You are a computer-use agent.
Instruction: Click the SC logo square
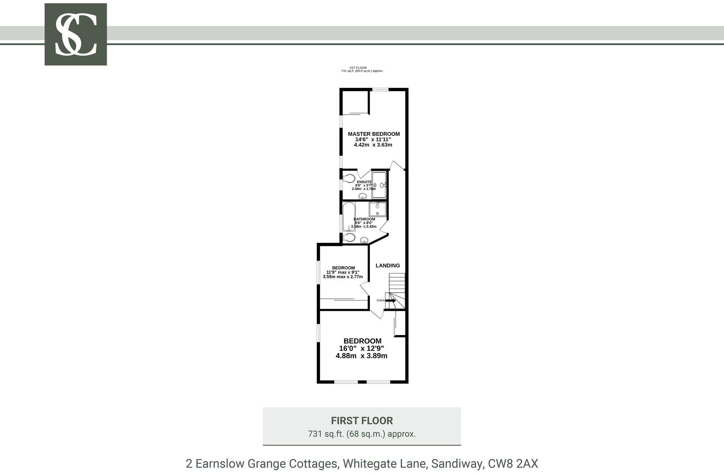point(76,34)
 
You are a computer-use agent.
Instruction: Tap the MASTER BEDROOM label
point(374,134)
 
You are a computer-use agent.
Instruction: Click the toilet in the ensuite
point(349,178)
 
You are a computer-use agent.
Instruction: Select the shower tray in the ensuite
point(379,185)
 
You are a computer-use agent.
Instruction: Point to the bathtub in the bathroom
point(349,216)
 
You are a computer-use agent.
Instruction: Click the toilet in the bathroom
point(349,238)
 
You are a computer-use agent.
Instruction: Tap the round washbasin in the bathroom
point(364,239)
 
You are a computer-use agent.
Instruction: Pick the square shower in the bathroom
point(378,209)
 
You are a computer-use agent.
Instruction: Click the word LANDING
point(388,266)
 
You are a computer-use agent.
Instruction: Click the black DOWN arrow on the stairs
point(391,300)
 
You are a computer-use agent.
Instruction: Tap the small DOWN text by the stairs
point(380,300)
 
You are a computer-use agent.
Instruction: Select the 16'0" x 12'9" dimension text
point(361,348)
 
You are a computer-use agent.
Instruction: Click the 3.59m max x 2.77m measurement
point(343,277)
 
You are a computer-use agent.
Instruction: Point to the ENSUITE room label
point(364,182)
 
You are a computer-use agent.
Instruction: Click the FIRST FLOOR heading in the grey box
point(362,421)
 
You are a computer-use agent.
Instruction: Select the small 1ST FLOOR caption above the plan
point(358,68)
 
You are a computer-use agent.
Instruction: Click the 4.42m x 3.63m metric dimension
point(373,145)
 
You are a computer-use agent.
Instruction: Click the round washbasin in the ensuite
point(363,196)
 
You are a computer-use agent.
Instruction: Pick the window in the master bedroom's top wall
point(380,90)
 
